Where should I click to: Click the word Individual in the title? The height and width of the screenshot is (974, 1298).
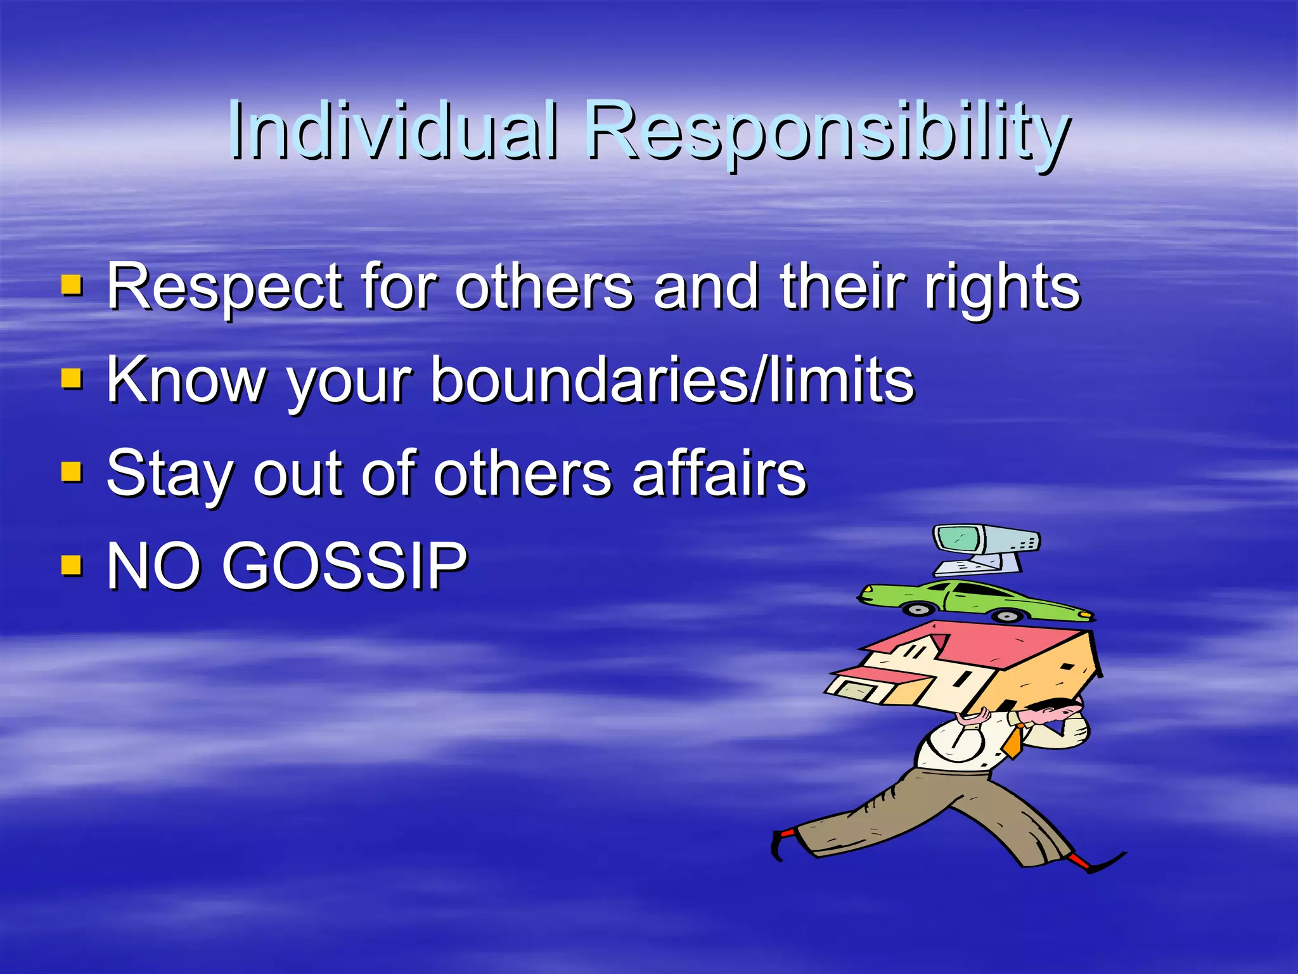click(393, 130)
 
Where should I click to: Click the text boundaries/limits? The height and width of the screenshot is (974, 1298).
click(672, 380)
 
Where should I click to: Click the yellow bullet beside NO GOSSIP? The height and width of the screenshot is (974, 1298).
click(72, 564)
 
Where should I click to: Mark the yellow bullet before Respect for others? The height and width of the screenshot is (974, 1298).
click(72, 285)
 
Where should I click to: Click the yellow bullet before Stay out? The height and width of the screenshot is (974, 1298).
click(72, 471)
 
